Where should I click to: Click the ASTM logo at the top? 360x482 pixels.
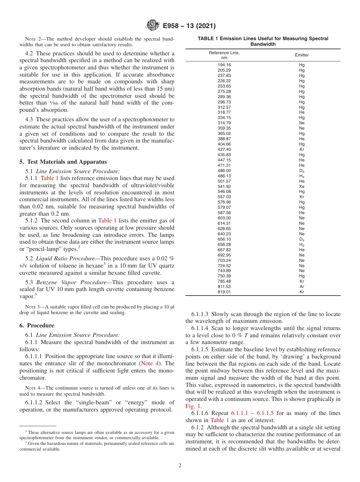point(153,26)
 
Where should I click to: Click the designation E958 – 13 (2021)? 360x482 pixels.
point(189,26)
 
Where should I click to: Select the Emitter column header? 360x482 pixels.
point(302,55)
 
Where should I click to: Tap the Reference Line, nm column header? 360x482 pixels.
point(224,55)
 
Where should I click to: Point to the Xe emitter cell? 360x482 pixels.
point(302,186)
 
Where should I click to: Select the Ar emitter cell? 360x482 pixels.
point(302,287)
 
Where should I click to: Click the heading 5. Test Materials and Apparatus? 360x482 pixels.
point(63,162)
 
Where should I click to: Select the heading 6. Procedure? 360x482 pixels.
point(37,326)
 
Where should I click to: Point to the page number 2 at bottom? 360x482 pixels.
point(180,466)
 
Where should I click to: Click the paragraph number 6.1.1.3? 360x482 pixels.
point(200,314)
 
